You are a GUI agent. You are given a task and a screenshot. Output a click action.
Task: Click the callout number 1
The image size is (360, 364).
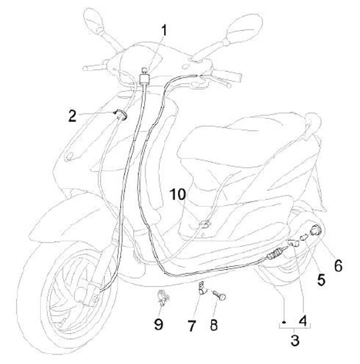pos(164,31)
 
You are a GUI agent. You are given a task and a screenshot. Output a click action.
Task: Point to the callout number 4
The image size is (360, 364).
pos(303,318)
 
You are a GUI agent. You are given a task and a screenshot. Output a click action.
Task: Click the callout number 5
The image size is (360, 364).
pos(320,280)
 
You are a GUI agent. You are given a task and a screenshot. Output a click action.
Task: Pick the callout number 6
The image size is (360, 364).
pos(338,266)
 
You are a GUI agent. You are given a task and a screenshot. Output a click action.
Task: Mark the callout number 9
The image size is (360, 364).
pos(158,324)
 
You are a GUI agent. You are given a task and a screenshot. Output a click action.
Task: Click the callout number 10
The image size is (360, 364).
pos(179,193)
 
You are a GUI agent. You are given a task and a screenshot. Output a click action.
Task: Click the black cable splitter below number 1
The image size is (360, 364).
pos(146,78)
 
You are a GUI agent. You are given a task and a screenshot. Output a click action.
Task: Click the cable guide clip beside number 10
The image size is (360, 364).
pos(204,224)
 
